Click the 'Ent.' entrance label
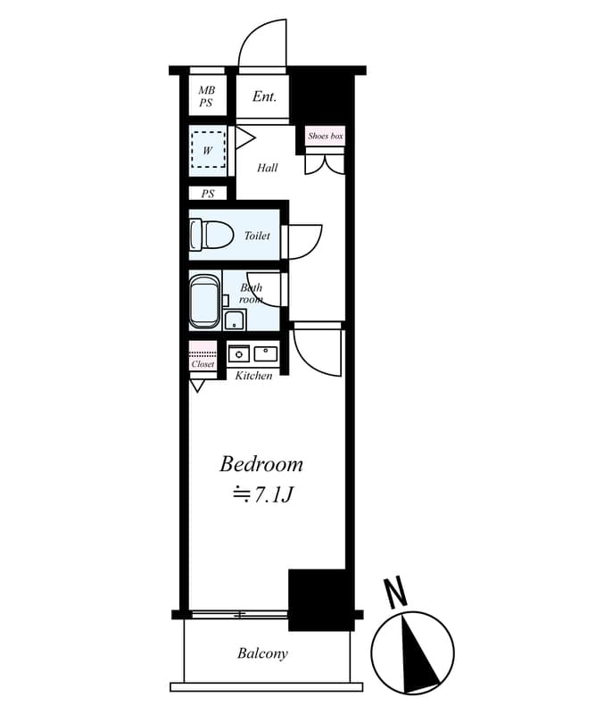(x=264, y=96)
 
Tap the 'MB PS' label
(x=207, y=96)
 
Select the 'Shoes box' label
(x=325, y=137)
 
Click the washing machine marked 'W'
(x=209, y=150)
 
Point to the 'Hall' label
(x=268, y=168)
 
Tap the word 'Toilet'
(x=257, y=237)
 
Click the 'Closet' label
(x=203, y=364)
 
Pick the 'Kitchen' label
(x=254, y=376)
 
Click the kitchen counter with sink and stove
(x=253, y=353)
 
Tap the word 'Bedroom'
(x=261, y=464)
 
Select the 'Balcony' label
(x=262, y=653)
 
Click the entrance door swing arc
(x=260, y=45)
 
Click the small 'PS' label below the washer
(x=208, y=194)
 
